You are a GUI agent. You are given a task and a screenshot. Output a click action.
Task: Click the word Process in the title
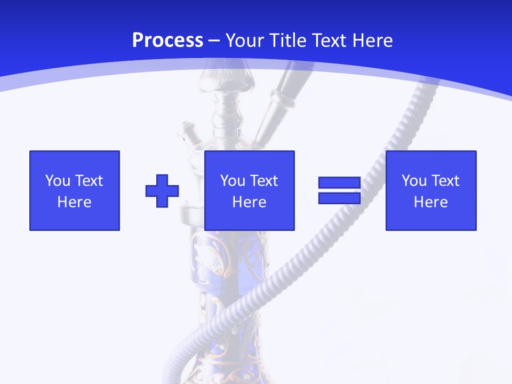(167, 41)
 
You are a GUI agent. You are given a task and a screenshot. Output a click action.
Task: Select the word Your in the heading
(245, 41)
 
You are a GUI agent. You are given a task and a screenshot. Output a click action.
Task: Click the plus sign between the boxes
(162, 191)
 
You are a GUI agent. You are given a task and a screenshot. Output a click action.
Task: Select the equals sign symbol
(340, 190)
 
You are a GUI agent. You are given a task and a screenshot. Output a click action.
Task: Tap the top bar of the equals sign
(340, 183)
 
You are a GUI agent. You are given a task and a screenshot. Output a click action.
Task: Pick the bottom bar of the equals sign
(340, 198)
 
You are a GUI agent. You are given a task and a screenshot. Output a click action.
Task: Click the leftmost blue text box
(75, 190)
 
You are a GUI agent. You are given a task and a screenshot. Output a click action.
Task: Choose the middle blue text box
(250, 190)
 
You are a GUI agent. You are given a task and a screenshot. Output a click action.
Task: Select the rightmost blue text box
(431, 190)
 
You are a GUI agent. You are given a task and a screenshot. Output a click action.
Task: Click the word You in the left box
(58, 181)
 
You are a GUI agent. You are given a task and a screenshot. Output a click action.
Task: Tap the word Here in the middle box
(250, 202)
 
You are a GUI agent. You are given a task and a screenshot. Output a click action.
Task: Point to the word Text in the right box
(445, 181)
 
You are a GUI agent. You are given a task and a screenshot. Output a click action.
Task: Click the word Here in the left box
(75, 202)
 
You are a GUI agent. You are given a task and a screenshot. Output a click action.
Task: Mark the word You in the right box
(414, 181)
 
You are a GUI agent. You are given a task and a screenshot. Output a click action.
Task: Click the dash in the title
(214, 41)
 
